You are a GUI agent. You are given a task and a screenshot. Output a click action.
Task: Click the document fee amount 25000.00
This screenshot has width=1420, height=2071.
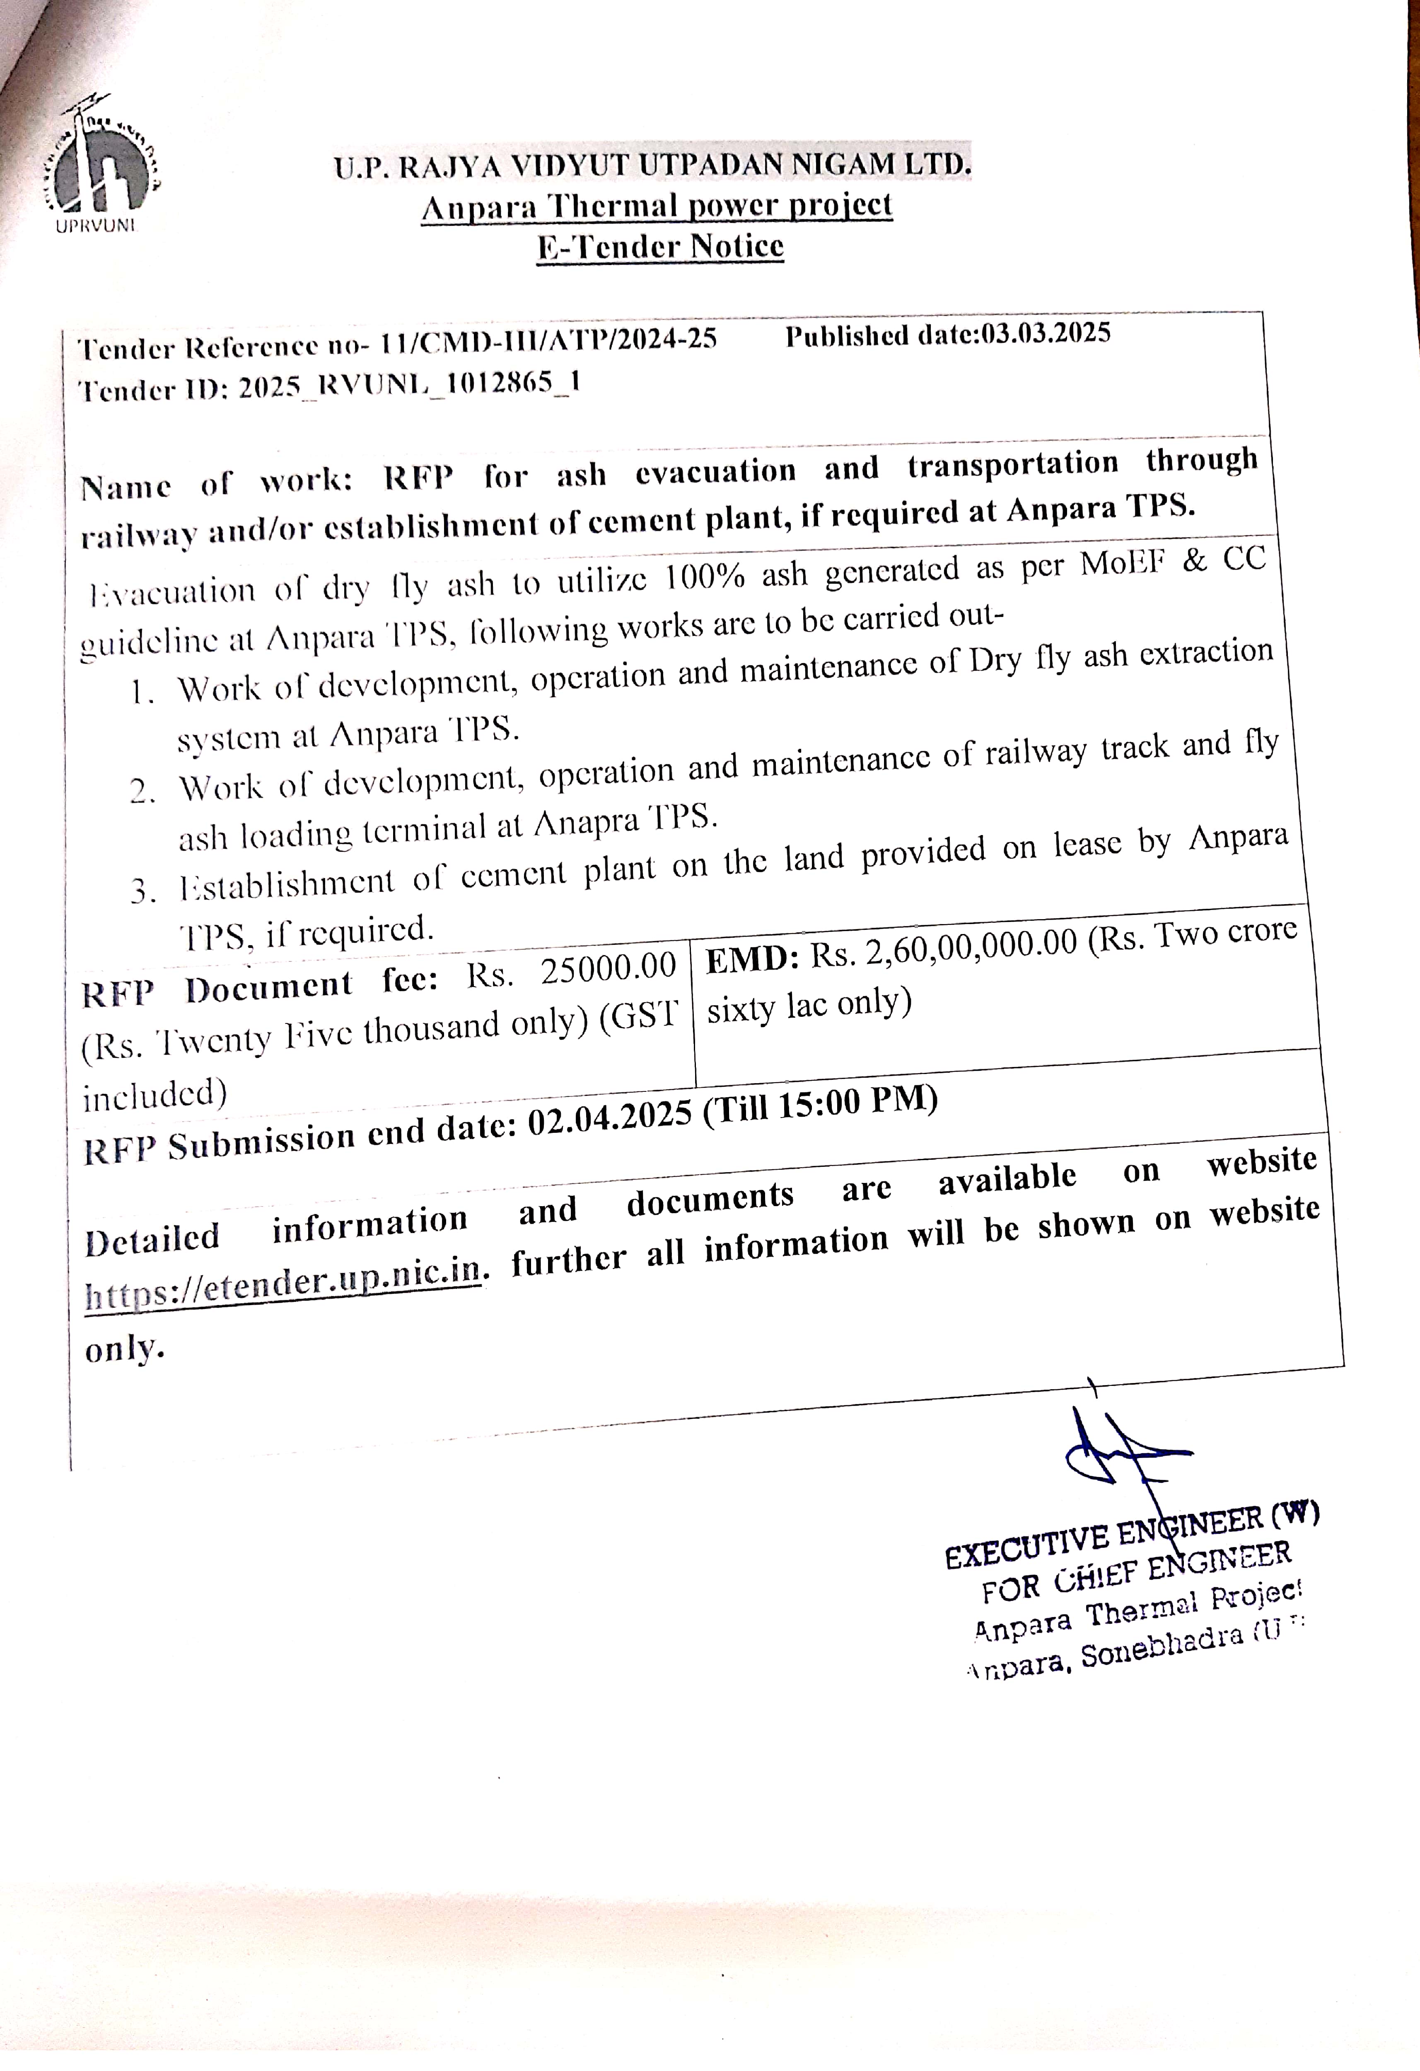[609, 969]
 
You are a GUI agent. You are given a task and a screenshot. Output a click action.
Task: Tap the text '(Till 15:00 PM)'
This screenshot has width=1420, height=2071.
[820, 1103]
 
